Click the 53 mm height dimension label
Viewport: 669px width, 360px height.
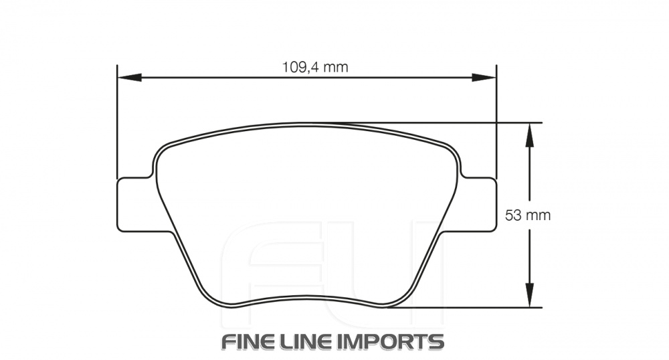click(528, 215)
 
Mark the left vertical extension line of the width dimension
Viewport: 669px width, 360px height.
click(117, 120)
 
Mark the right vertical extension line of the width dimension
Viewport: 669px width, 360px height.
click(496, 120)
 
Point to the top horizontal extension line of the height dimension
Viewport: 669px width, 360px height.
click(468, 123)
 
